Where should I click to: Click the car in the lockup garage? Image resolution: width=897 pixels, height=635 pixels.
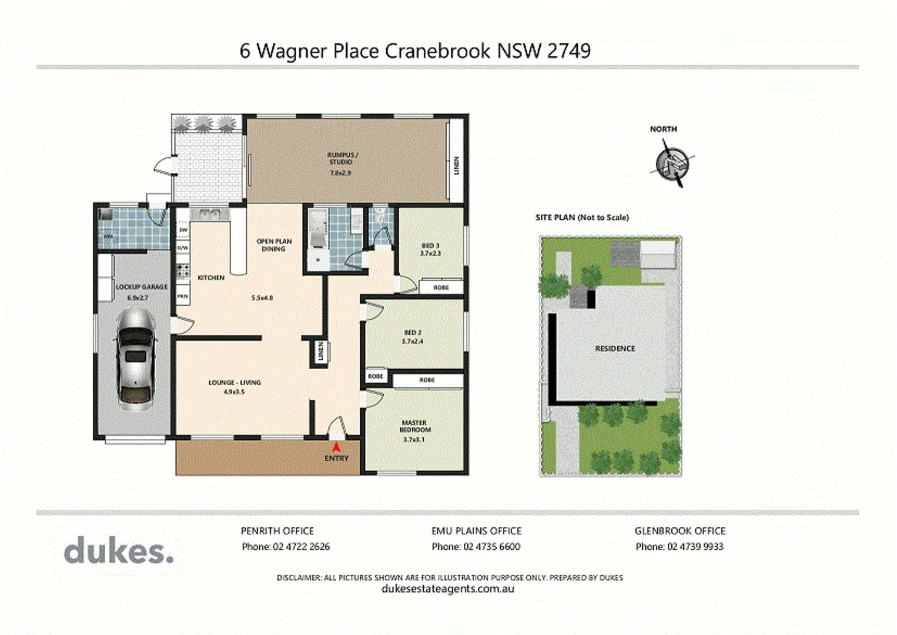(136, 359)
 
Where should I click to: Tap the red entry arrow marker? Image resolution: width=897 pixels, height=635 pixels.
(336, 447)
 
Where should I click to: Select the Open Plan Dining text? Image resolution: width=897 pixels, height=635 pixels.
(274, 245)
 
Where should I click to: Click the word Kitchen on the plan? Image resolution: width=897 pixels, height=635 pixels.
(210, 278)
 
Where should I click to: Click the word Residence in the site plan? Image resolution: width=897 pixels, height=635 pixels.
(615, 348)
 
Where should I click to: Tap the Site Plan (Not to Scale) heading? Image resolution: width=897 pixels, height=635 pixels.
(582, 217)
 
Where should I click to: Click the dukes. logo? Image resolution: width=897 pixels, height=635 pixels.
(119, 551)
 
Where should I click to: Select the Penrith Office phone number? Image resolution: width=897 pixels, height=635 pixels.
(301, 546)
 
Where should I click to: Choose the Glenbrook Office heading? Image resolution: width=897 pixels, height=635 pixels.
(680, 530)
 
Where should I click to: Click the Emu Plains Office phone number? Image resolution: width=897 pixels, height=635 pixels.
(491, 546)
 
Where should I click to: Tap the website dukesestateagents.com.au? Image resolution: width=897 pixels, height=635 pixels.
(448, 589)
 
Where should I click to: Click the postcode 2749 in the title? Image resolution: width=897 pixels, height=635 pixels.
(568, 51)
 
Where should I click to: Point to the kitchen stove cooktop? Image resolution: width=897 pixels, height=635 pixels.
(182, 271)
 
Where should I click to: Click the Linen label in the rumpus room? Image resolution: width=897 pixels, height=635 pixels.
(456, 165)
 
